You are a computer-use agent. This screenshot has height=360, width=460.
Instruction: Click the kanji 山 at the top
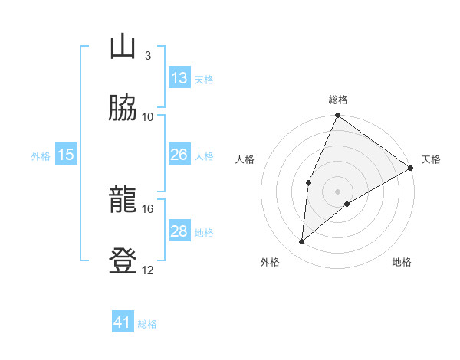(x=123, y=47)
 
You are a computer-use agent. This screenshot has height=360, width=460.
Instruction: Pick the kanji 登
(x=123, y=261)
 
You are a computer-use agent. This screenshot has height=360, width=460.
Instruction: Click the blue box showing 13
(x=179, y=78)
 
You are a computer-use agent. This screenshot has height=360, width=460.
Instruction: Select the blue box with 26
(x=179, y=155)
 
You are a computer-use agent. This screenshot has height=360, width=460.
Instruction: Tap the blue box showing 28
(x=179, y=231)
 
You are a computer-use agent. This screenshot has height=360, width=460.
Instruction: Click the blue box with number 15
(x=66, y=155)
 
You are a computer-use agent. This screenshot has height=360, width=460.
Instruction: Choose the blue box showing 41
(x=123, y=322)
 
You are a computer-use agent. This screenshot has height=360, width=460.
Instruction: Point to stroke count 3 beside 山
(x=147, y=56)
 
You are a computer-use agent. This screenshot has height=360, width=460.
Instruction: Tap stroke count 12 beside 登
(x=147, y=270)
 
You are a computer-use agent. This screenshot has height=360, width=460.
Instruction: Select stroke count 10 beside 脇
(x=147, y=116)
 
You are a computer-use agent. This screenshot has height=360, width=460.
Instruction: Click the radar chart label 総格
(x=338, y=100)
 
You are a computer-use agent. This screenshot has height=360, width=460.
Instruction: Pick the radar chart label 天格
(x=431, y=159)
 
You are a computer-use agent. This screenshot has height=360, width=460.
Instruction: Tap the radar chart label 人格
(x=245, y=159)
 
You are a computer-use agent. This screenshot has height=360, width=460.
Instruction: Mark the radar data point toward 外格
(x=302, y=242)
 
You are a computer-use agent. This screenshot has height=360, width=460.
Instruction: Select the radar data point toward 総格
(x=338, y=116)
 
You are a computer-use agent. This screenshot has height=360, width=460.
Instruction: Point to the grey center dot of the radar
(x=338, y=191)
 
